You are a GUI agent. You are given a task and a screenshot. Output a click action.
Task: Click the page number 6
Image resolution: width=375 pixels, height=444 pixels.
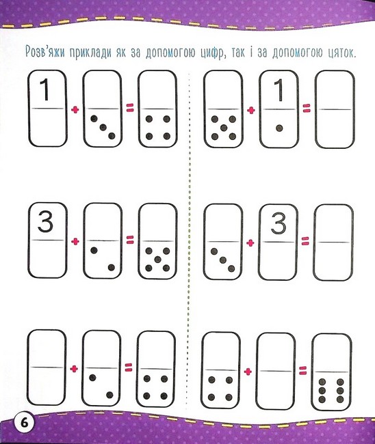24,423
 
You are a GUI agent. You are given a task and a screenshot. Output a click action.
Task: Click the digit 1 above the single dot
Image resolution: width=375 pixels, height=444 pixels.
279,89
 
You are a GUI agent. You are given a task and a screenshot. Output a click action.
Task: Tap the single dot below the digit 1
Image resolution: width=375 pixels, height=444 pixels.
279,128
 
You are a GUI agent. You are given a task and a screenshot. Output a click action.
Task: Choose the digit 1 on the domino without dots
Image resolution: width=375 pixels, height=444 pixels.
44,89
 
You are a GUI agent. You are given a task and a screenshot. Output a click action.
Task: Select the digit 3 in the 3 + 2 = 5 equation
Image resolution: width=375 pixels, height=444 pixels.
45,223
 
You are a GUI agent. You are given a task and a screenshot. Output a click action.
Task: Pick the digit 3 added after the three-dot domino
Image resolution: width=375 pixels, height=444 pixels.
279,223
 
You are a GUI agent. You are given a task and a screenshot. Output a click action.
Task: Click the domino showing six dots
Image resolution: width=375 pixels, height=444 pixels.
331,372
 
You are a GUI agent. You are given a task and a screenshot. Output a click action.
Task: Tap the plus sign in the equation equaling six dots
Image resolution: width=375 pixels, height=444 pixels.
248,372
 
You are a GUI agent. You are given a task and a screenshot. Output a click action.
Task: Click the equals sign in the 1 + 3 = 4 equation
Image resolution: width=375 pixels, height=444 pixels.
129,107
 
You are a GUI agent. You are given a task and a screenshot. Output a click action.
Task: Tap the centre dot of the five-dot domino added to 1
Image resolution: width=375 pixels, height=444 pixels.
224,128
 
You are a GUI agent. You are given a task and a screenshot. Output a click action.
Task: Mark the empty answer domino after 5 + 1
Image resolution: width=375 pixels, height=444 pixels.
335,109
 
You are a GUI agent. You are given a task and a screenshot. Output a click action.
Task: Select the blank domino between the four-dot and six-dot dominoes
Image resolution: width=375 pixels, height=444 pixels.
276,371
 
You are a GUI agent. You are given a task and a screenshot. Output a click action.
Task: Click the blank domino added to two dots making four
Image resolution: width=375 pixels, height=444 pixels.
47,367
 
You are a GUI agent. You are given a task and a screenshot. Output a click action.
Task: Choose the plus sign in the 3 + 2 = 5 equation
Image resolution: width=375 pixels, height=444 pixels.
75,241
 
